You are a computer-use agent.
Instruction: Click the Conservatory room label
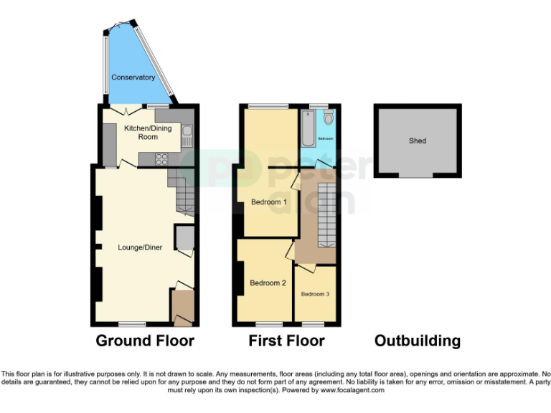133,77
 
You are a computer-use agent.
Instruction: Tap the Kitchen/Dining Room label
141,133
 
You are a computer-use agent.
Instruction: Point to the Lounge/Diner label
140,248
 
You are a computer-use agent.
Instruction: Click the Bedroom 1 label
269,202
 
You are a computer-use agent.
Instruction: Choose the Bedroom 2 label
268,283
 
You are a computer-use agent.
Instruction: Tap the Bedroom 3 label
316,294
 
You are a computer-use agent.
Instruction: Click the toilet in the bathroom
327,117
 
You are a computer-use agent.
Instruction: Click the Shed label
418,141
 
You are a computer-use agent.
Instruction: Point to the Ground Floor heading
145,341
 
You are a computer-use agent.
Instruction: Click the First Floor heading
286,341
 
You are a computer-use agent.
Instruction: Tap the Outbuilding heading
418,341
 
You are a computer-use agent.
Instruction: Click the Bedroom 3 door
304,267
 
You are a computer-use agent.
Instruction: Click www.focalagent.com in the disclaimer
353,391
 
